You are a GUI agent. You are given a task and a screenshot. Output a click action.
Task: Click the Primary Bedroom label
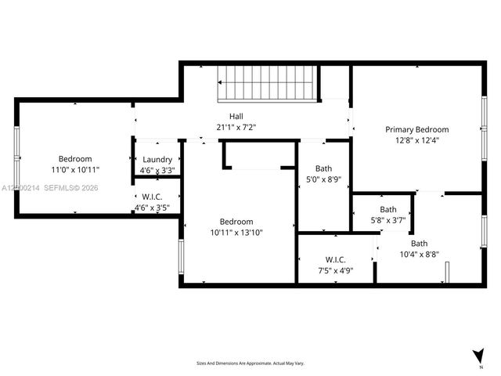[416, 129]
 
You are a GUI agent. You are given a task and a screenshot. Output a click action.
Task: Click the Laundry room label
[157, 159]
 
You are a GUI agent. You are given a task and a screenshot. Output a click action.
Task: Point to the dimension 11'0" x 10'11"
[75, 169]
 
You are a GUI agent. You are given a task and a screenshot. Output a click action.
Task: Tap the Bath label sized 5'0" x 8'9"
[323, 168]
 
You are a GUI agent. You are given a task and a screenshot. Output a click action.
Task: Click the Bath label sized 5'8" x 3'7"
[388, 209]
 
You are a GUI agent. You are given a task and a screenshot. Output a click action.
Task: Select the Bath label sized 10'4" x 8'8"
[420, 243]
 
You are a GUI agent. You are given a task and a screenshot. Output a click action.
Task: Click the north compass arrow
[478, 356]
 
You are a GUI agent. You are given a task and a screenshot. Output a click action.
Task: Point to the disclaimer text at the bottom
[250, 363]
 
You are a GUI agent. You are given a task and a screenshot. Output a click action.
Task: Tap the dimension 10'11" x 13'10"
[236, 232]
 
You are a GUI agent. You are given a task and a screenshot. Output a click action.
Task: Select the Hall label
[236, 116]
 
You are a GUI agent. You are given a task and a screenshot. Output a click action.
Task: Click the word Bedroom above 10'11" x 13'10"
[236, 221]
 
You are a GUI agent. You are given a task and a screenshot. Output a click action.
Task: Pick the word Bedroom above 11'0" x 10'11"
[75, 158]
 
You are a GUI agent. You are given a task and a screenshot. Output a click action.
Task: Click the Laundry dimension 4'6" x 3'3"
[157, 170]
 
